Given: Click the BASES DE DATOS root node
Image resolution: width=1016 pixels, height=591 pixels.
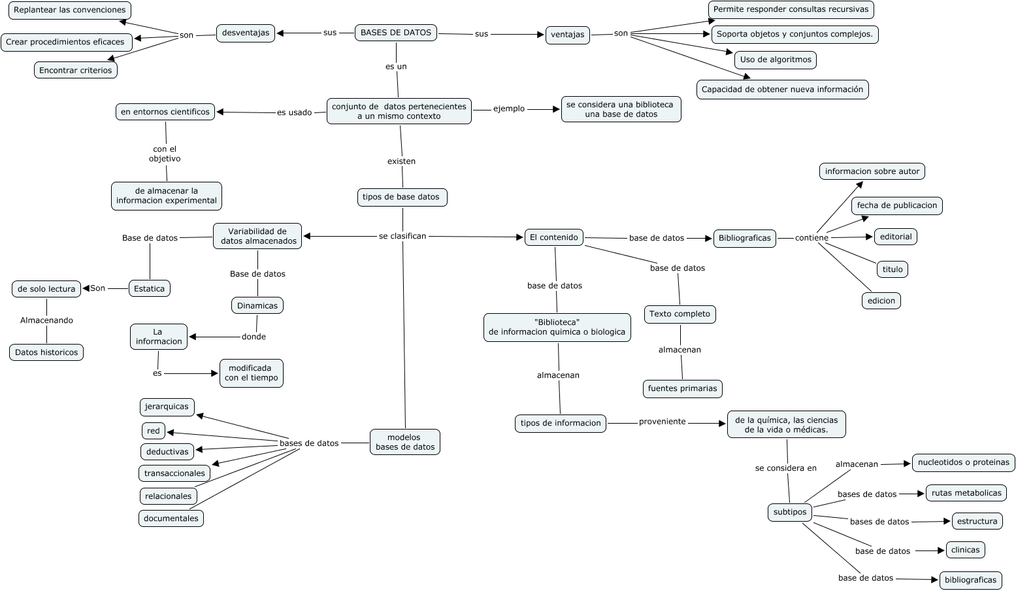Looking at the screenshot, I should click(x=396, y=33).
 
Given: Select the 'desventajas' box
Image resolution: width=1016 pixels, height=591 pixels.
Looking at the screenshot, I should click(x=246, y=33).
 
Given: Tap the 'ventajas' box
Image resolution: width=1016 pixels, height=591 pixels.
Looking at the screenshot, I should click(x=567, y=35).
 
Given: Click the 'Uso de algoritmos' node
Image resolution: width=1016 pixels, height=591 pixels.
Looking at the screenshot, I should click(x=775, y=59).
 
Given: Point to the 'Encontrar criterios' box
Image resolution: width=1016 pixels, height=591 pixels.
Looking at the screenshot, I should click(x=76, y=70).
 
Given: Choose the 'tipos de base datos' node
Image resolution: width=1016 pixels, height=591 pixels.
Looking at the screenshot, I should click(x=401, y=197).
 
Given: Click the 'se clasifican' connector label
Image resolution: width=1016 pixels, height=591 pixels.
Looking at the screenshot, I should click(x=402, y=236).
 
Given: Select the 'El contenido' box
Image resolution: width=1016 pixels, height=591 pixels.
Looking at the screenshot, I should click(x=554, y=237).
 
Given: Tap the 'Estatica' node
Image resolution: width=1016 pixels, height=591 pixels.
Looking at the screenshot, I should click(x=149, y=288).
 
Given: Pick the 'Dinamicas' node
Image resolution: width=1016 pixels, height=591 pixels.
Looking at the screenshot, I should click(x=257, y=305).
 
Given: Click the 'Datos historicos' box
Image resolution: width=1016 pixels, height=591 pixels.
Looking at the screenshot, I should click(x=46, y=352).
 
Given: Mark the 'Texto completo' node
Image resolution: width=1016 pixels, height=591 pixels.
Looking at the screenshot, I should click(x=680, y=314).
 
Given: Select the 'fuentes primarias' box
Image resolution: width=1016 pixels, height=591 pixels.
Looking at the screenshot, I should click(x=682, y=388).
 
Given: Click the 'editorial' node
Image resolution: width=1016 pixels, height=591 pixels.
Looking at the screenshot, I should click(x=895, y=237).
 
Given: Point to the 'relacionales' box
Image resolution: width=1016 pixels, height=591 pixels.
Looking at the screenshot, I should click(x=169, y=496).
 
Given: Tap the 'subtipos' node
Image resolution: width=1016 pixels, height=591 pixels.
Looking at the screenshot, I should click(x=790, y=512).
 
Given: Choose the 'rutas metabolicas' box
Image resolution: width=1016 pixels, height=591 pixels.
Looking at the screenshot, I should click(x=966, y=493).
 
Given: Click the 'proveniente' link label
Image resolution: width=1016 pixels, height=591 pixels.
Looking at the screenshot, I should click(x=663, y=422).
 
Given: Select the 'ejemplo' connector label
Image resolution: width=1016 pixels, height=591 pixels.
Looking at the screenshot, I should click(x=509, y=109).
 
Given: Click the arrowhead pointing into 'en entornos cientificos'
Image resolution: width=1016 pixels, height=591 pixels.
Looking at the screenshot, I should click(x=221, y=112).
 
